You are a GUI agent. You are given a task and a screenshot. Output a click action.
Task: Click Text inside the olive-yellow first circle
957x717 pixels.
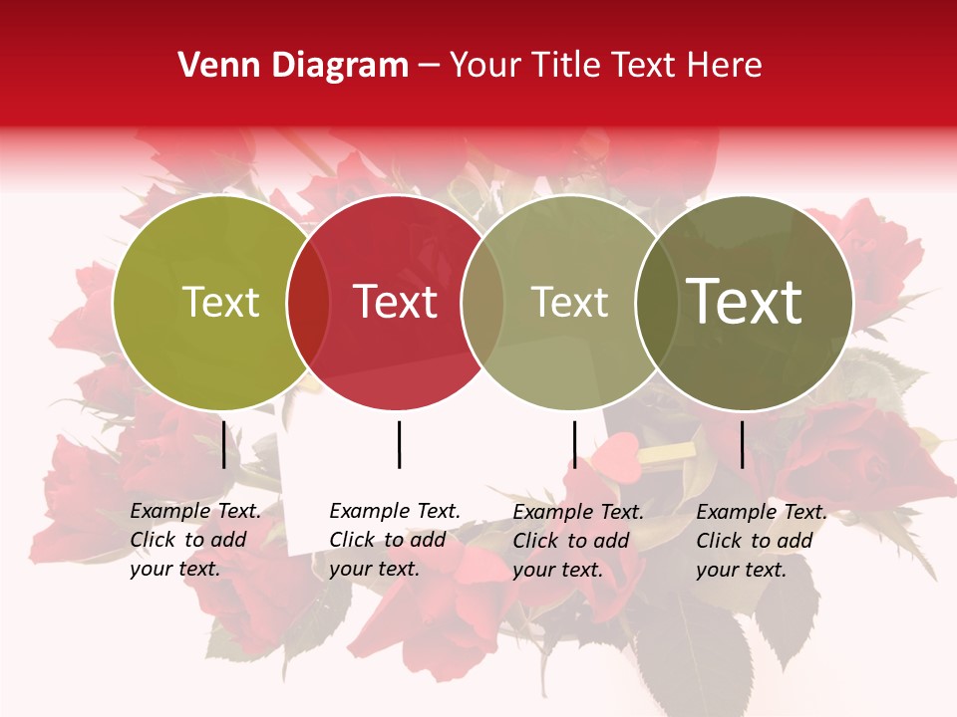point(220,302)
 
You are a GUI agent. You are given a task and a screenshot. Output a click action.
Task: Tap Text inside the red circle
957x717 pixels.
point(396,302)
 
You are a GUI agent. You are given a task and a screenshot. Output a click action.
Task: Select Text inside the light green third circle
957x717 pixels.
point(570,302)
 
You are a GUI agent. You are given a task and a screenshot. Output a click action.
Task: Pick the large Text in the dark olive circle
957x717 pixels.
point(745,301)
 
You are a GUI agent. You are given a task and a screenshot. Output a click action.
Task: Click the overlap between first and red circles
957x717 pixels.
point(308,303)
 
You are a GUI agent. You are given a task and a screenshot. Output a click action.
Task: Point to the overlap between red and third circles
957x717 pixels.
point(482,303)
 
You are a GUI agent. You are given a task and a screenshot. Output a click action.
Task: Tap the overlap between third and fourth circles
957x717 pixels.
point(657,303)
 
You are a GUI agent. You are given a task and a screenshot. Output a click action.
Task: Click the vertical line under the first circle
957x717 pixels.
point(224,444)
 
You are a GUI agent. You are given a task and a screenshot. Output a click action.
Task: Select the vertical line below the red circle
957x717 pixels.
point(399,444)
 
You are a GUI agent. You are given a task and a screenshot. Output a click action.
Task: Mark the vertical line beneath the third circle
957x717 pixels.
point(574,444)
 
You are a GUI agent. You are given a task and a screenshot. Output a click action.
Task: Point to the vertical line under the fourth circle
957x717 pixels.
point(742,444)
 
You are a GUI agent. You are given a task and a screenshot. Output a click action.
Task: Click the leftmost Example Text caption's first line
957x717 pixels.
point(195,511)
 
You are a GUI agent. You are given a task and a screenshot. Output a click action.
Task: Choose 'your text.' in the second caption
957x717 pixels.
point(374,569)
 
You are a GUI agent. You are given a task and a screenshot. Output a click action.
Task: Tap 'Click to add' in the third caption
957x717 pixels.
point(571,541)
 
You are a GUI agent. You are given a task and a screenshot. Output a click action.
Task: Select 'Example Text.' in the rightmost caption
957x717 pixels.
point(762,512)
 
